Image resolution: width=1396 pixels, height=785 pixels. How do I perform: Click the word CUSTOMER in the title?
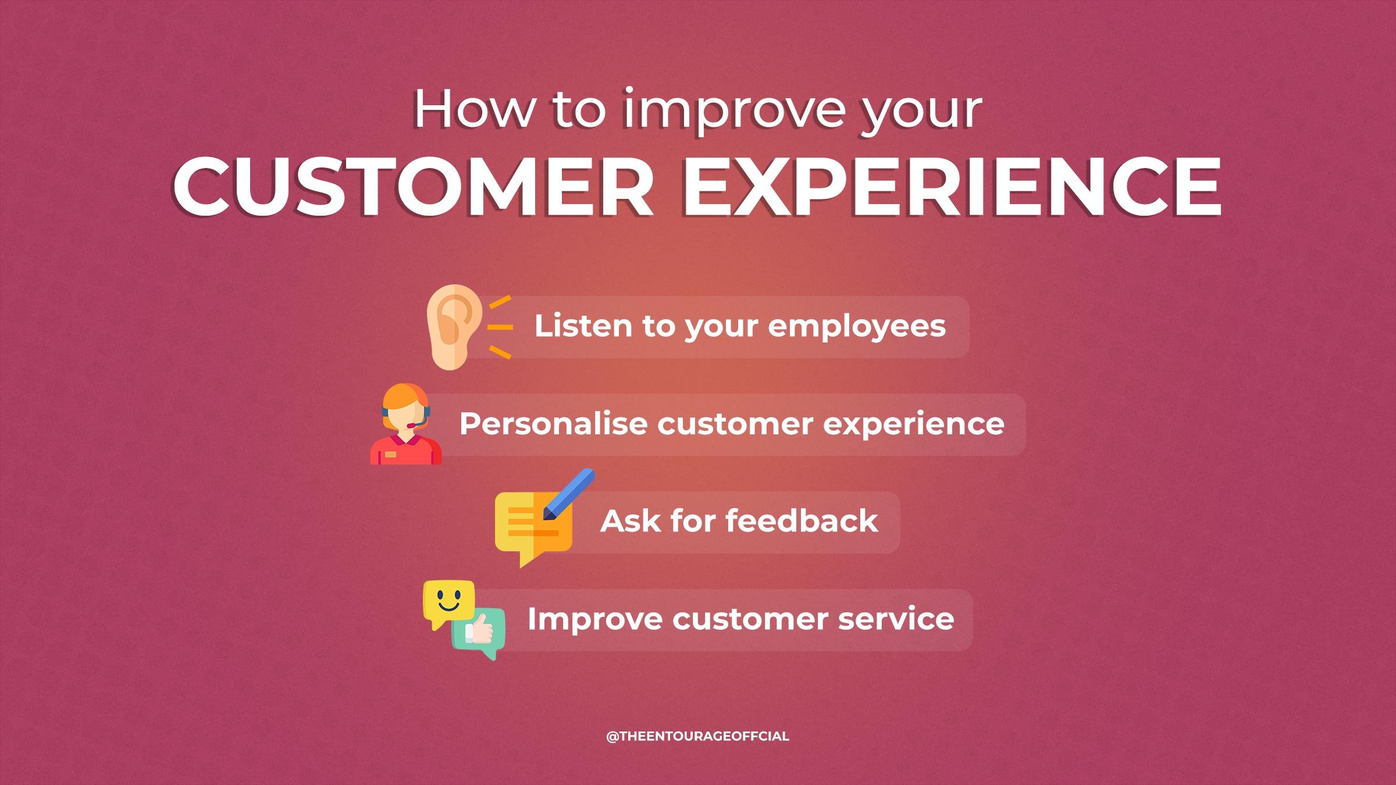click(413, 187)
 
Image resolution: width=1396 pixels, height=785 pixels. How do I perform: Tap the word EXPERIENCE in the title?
click(952, 187)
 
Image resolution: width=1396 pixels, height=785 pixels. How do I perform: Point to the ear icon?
click(454, 327)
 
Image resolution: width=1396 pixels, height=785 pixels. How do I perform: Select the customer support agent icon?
click(406, 424)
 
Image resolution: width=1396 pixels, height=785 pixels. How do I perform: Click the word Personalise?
click(553, 423)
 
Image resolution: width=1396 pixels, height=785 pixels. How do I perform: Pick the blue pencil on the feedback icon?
click(568, 494)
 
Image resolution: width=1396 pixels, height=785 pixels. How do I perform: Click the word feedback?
click(802, 520)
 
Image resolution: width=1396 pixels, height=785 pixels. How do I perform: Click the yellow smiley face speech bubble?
click(448, 602)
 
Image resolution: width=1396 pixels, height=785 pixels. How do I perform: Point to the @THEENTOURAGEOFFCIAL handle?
click(697, 736)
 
